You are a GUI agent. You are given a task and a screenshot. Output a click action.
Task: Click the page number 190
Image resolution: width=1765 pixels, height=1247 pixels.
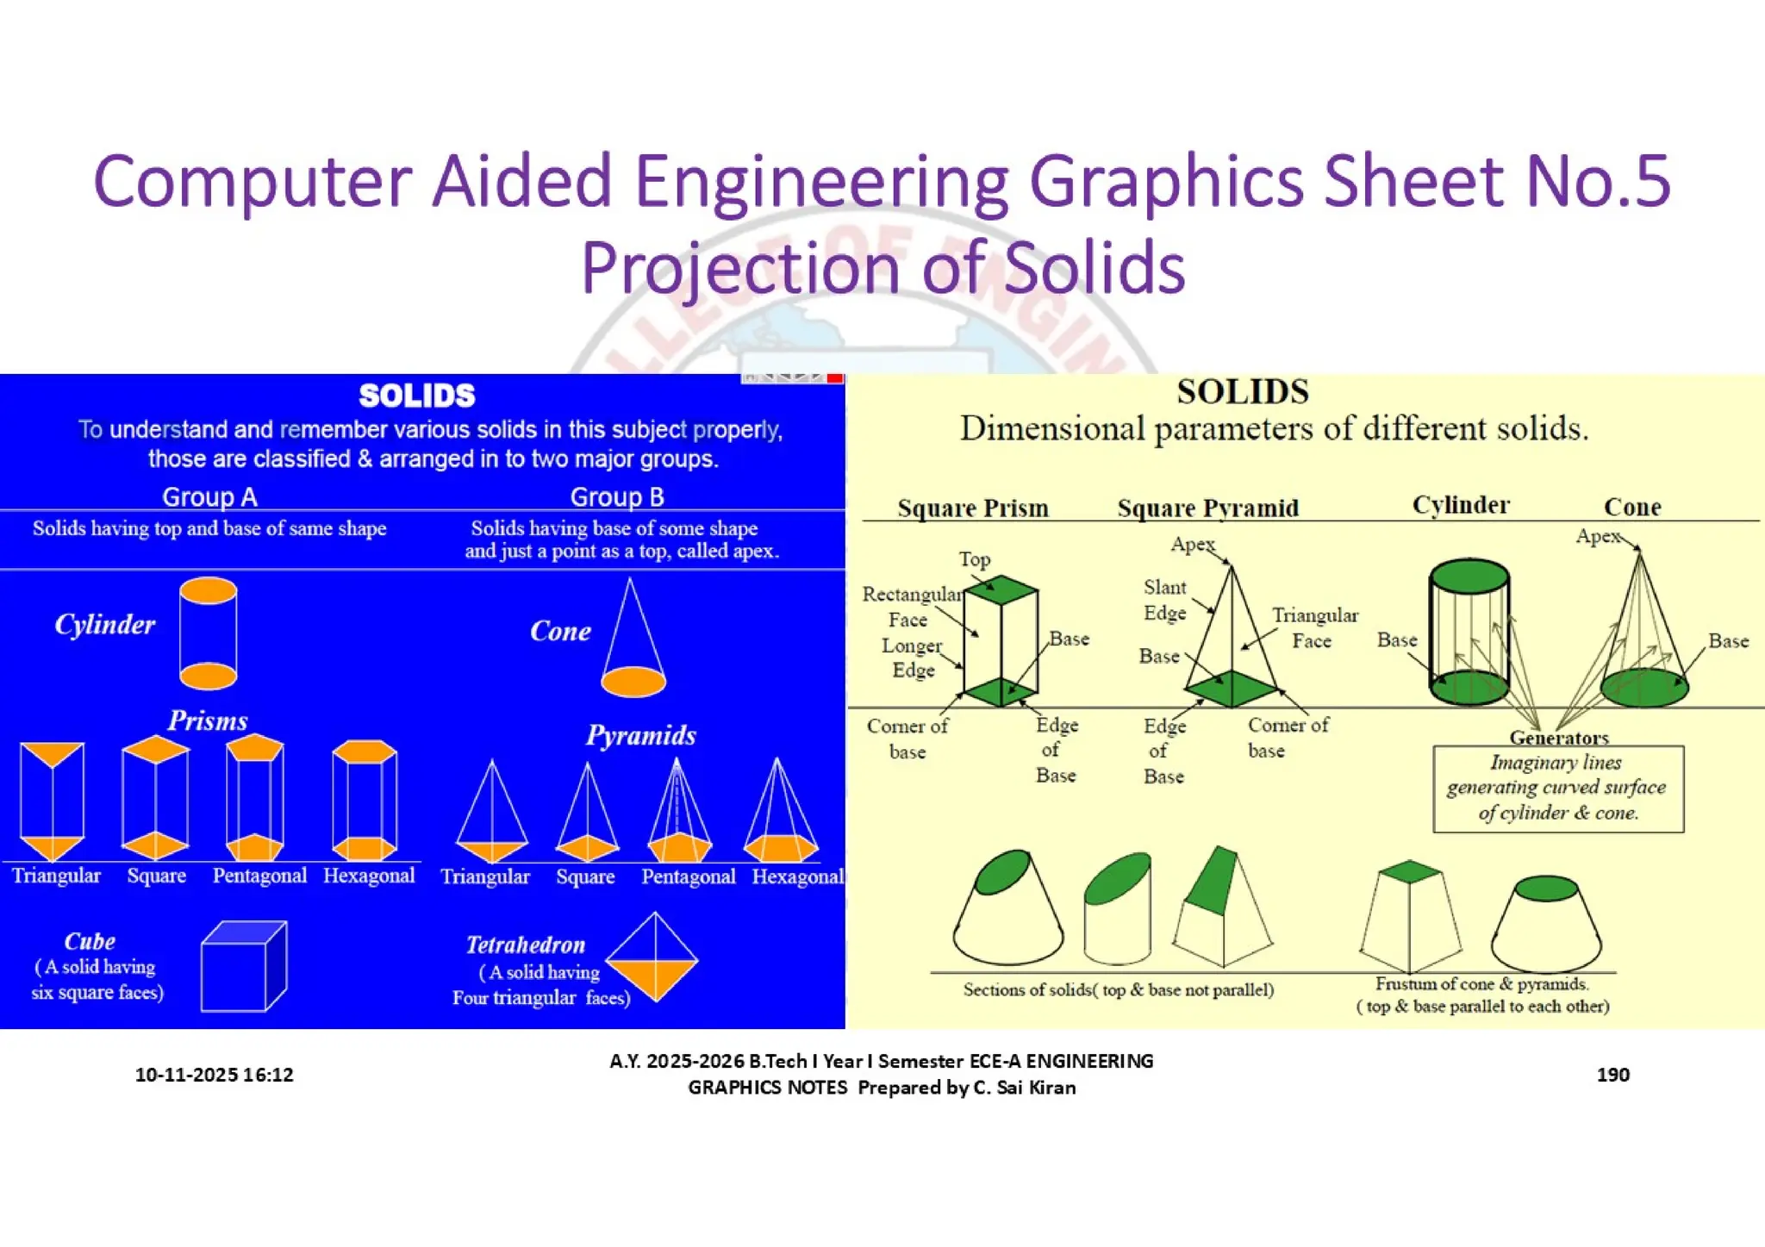click(x=1612, y=1074)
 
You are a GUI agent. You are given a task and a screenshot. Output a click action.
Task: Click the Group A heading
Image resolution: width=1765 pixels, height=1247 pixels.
click(x=209, y=496)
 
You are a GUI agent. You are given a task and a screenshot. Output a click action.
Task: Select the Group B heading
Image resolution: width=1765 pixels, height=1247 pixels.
click(x=616, y=496)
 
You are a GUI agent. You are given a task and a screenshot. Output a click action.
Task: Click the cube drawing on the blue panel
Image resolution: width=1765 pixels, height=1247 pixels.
click(x=243, y=967)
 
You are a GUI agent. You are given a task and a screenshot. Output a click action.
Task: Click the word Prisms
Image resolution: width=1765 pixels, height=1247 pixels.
click(x=207, y=720)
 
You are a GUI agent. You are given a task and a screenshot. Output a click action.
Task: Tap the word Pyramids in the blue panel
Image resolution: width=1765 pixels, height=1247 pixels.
click(x=640, y=735)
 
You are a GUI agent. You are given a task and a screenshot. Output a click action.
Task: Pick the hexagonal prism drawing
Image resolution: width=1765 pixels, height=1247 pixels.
click(x=365, y=800)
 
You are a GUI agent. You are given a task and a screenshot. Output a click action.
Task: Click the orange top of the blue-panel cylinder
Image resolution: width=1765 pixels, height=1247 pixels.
click(x=209, y=591)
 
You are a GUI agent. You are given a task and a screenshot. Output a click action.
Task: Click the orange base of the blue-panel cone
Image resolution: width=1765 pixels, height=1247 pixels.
click(x=633, y=682)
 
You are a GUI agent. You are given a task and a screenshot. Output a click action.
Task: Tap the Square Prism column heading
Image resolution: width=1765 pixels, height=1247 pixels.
click(x=973, y=508)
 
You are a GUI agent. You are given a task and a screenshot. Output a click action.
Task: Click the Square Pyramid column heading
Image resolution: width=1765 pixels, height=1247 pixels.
click(x=1207, y=508)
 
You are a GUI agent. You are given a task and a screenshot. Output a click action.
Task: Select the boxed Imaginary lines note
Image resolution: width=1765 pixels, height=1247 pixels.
click(x=1557, y=788)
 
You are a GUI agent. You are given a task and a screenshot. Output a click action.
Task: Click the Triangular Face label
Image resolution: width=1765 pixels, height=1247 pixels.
click(x=1314, y=627)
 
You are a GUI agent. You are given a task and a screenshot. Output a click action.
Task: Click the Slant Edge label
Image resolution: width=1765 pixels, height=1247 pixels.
click(x=1164, y=600)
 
